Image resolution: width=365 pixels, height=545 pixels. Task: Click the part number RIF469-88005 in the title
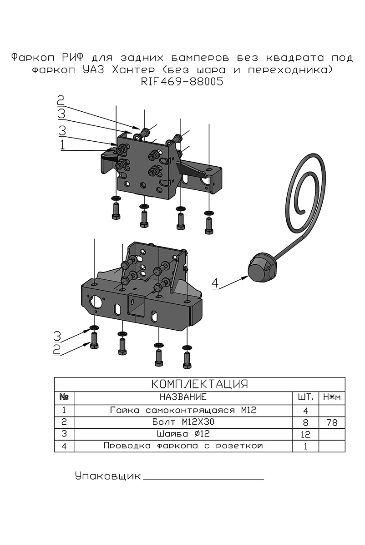click(182, 82)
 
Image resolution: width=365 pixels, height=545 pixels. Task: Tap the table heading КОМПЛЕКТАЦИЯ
click(200, 384)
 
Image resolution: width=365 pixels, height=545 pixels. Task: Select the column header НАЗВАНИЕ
click(183, 397)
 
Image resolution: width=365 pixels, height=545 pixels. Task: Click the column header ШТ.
click(305, 397)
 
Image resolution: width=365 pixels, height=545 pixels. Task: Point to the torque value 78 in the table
click(332, 423)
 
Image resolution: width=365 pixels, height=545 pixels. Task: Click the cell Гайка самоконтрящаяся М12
click(183, 410)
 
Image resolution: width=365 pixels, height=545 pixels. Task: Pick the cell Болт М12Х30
click(183, 422)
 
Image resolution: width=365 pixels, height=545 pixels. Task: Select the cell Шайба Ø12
click(183, 434)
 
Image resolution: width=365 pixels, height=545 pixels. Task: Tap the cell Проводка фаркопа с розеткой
click(183, 446)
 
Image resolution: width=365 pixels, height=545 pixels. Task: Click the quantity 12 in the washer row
click(305, 434)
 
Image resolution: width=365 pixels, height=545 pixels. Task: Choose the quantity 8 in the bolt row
click(305, 423)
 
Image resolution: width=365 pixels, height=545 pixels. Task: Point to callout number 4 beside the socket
click(215, 283)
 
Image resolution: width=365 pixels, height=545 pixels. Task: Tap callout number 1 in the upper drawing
click(63, 144)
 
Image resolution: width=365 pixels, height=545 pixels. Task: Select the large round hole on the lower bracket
click(96, 302)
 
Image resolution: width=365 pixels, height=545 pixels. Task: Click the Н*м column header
click(332, 397)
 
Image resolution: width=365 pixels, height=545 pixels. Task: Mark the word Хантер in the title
click(133, 70)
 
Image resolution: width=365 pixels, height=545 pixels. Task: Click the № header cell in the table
click(64, 397)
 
